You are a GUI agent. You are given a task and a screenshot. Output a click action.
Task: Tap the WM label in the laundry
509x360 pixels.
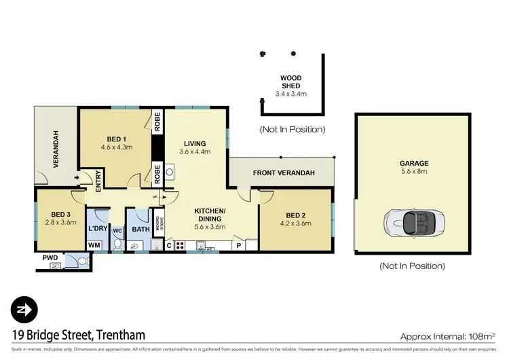coord(95,245)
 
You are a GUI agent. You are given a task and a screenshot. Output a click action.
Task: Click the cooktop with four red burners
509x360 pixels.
coord(180,245)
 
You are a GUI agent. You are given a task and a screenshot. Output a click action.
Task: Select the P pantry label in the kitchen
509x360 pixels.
coord(239,245)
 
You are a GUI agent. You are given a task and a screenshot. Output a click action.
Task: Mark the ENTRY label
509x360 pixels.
coord(98,179)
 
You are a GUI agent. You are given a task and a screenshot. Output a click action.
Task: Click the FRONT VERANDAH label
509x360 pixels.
coord(284,173)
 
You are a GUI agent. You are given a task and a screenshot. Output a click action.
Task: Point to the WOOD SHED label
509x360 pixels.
coord(291,83)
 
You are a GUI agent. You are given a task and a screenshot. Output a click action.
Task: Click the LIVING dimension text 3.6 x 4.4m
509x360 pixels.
coord(195,151)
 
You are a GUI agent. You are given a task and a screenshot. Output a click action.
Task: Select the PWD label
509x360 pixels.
coord(50,258)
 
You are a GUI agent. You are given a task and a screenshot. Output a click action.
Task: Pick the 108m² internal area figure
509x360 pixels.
coord(481,335)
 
